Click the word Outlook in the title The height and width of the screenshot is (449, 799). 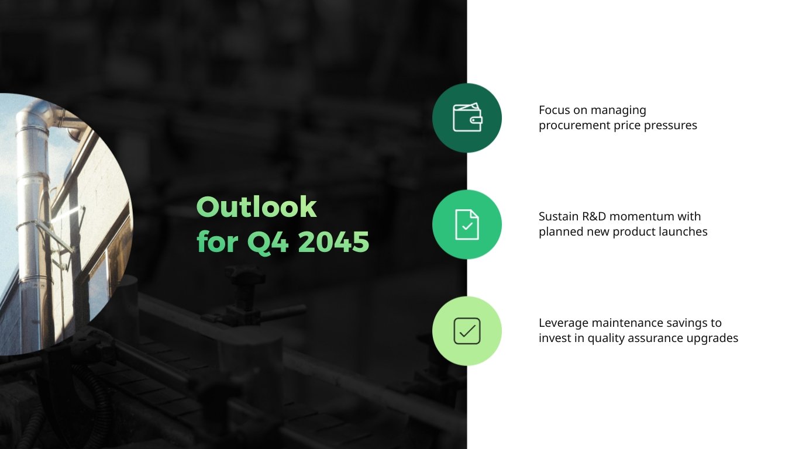(x=256, y=207)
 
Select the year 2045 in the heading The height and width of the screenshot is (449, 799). (x=333, y=242)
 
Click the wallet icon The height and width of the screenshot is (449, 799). (x=467, y=118)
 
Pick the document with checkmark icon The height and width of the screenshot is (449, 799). (x=467, y=224)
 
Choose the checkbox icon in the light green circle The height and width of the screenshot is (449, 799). (x=467, y=331)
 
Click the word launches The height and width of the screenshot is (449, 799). (x=684, y=232)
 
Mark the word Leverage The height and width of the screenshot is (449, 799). (x=563, y=323)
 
